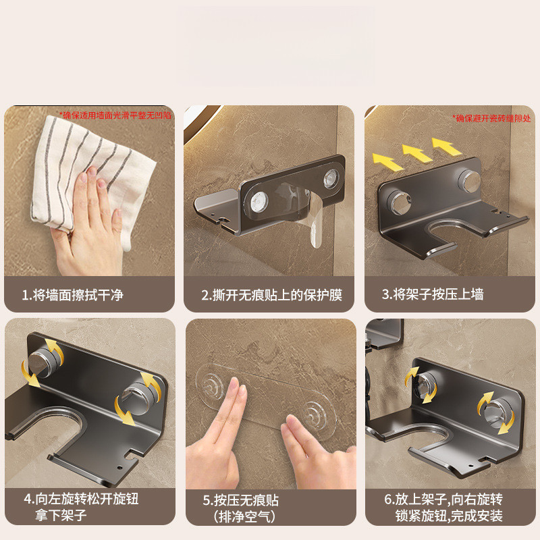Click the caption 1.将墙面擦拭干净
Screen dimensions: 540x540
click(x=73, y=295)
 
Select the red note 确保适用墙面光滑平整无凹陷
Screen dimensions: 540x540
click(x=115, y=115)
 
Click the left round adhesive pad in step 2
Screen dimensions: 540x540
click(x=259, y=202)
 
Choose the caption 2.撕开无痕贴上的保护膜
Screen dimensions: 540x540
click(x=272, y=295)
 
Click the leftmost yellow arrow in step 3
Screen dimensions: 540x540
click(x=387, y=162)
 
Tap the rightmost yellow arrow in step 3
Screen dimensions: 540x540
click(x=447, y=146)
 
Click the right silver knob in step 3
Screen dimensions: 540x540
click(x=468, y=180)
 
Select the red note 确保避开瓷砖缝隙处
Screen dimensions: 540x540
click(x=492, y=119)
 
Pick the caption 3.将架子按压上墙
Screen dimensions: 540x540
click(x=433, y=294)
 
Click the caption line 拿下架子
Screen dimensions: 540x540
click(x=61, y=515)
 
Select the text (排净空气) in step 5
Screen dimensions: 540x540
click(x=244, y=516)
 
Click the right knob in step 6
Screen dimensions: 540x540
click(x=496, y=412)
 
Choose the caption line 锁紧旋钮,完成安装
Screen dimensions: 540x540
click(x=449, y=516)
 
